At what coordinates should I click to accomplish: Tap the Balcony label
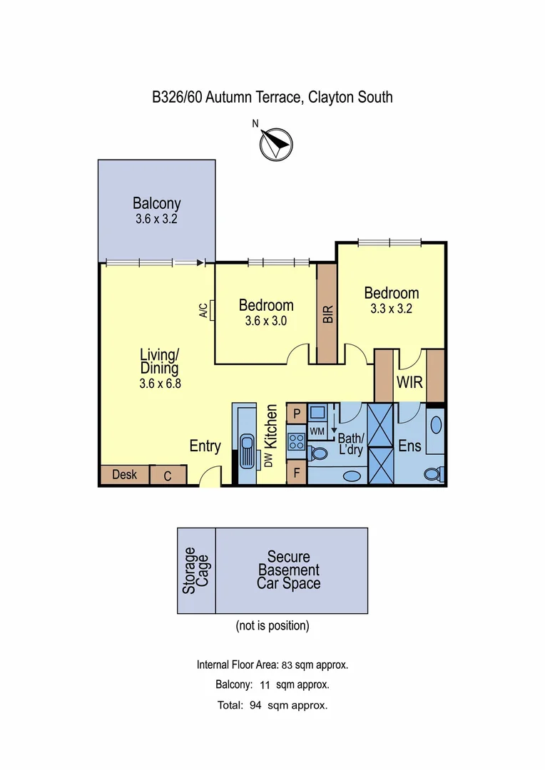pyautogui.click(x=156, y=204)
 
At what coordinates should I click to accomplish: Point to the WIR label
pyautogui.click(x=409, y=383)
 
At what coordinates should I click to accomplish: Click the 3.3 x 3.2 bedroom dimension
pyautogui.click(x=391, y=309)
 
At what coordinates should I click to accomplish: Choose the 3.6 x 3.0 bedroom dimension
pyautogui.click(x=265, y=322)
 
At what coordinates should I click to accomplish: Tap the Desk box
pyautogui.click(x=124, y=475)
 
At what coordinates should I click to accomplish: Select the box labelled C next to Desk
pyautogui.click(x=168, y=476)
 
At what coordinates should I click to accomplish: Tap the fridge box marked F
pyautogui.click(x=296, y=472)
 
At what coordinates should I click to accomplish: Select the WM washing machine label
pyautogui.click(x=317, y=431)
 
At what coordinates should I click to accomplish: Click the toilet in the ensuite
pyautogui.click(x=432, y=472)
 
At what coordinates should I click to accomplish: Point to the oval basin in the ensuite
pyautogui.click(x=436, y=426)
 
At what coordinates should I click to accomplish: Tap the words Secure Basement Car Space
pyautogui.click(x=288, y=570)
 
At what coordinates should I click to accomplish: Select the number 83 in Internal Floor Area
pyautogui.click(x=287, y=665)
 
